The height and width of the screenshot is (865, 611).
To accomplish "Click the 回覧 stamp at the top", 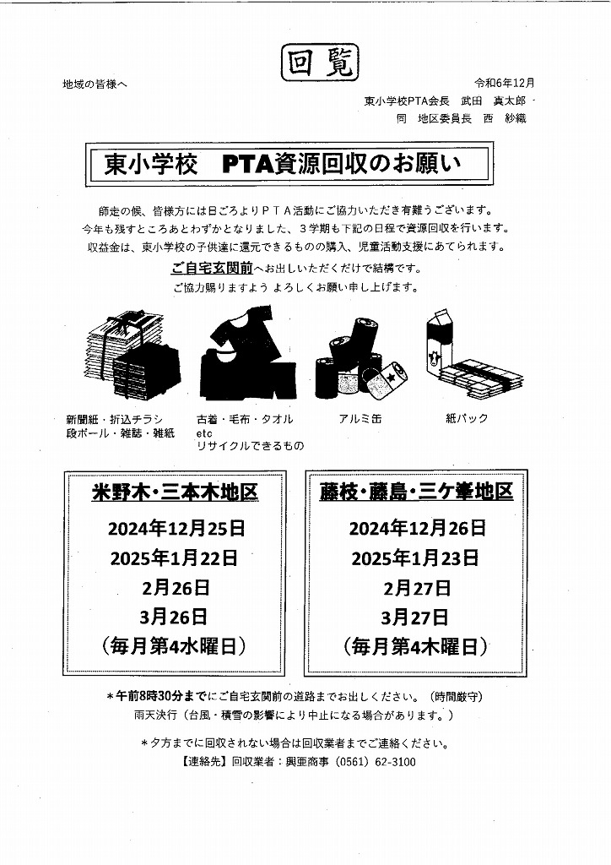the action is click(320, 63).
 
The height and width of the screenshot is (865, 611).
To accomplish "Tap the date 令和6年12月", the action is click(505, 84).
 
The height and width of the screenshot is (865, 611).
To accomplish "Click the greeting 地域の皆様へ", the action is click(95, 84).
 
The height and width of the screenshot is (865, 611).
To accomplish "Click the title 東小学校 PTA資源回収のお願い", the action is click(283, 164).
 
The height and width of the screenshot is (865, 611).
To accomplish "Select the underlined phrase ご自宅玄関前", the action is click(212, 269).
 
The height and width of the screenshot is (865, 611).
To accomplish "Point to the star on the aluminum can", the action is click(392, 378).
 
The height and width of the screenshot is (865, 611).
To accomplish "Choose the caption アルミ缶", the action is click(360, 419).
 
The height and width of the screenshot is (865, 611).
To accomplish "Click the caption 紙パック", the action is click(467, 419).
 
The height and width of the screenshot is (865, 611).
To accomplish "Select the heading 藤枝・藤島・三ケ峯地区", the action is click(417, 491).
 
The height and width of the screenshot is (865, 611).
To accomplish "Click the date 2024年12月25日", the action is click(176, 529).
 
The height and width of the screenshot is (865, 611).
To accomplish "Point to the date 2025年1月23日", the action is click(415, 558).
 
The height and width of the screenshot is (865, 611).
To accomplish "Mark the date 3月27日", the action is click(415, 617).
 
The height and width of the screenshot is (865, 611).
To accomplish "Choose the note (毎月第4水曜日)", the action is click(174, 646).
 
